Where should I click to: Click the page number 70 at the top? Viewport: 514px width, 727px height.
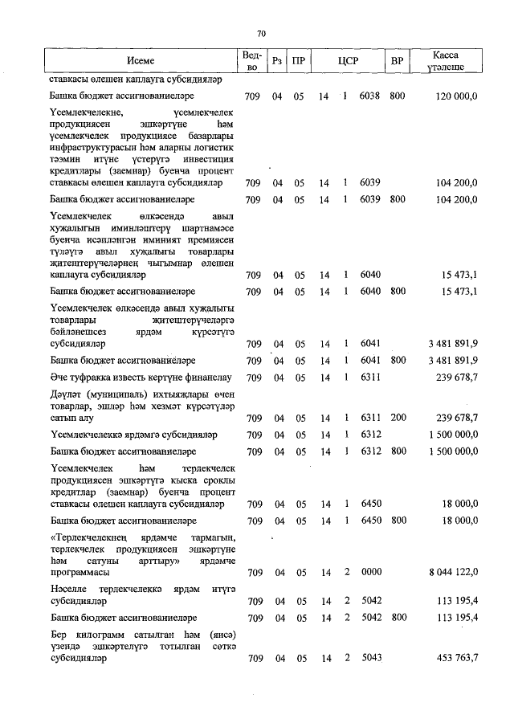click(x=261, y=33)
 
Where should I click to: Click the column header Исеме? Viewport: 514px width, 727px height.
click(x=141, y=61)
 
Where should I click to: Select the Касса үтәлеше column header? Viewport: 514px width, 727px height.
click(x=445, y=61)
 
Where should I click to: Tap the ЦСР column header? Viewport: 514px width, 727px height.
click(x=348, y=61)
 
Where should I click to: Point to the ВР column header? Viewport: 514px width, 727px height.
click(x=396, y=61)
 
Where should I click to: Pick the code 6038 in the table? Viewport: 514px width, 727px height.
click(x=369, y=96)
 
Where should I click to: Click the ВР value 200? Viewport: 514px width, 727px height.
click(x=396, y=418)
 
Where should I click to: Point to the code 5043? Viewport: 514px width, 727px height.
click(x=369, y=659)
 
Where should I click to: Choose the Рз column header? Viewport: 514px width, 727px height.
click(x=277, y=61)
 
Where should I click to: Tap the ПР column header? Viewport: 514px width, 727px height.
click(x=298, y=61)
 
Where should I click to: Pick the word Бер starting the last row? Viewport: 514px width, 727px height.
click(x=58, y=634)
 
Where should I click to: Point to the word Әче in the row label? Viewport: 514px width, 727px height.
click(x=58, y=377)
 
